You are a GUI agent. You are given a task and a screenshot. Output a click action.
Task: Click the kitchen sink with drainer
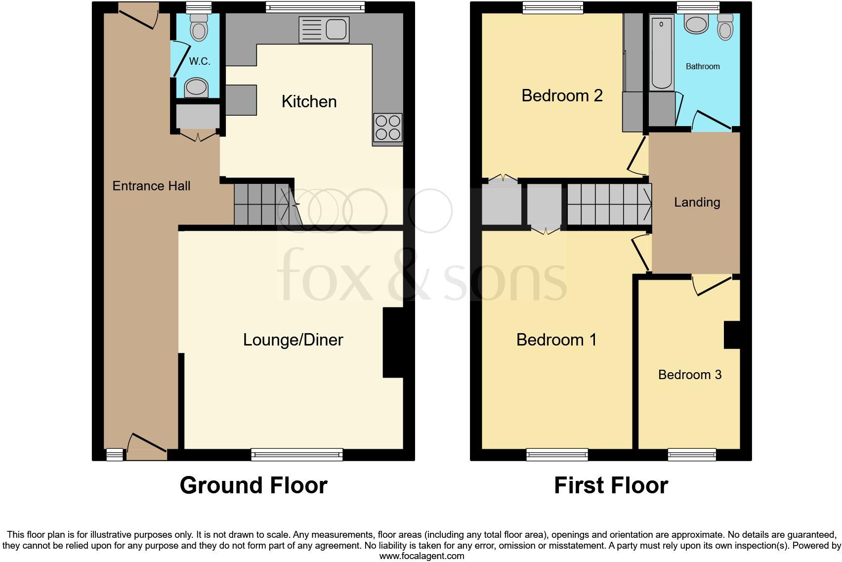(324, 29)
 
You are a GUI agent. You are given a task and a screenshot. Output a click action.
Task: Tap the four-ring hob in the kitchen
(388, 128)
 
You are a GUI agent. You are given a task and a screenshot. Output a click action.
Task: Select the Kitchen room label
(309, 101)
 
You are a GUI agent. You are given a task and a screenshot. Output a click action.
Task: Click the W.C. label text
(200, 61)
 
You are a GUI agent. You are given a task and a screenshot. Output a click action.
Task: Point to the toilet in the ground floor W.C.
(199, 28)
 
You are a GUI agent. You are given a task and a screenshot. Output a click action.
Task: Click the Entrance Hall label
(151, 186)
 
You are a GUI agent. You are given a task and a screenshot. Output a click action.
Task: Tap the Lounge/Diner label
(293, 340)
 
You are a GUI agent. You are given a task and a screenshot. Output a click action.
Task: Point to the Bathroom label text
(702, 66)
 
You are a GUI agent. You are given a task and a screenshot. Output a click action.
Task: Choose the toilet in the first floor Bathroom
(725, 27)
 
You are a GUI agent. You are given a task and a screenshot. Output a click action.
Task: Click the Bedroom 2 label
(562, 95)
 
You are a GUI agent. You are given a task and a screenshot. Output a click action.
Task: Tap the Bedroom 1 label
(556, 340)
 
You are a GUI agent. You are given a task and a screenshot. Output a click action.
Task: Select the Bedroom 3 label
(689, 375)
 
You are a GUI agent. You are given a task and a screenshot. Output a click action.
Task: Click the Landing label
(697, 202)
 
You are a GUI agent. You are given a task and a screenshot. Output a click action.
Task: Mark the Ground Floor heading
(253, 485)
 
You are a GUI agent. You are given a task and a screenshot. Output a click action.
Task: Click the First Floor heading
(611, 485)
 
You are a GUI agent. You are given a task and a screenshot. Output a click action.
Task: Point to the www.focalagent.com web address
(421, 556)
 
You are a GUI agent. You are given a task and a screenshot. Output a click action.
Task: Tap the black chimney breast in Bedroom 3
(732, 335)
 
